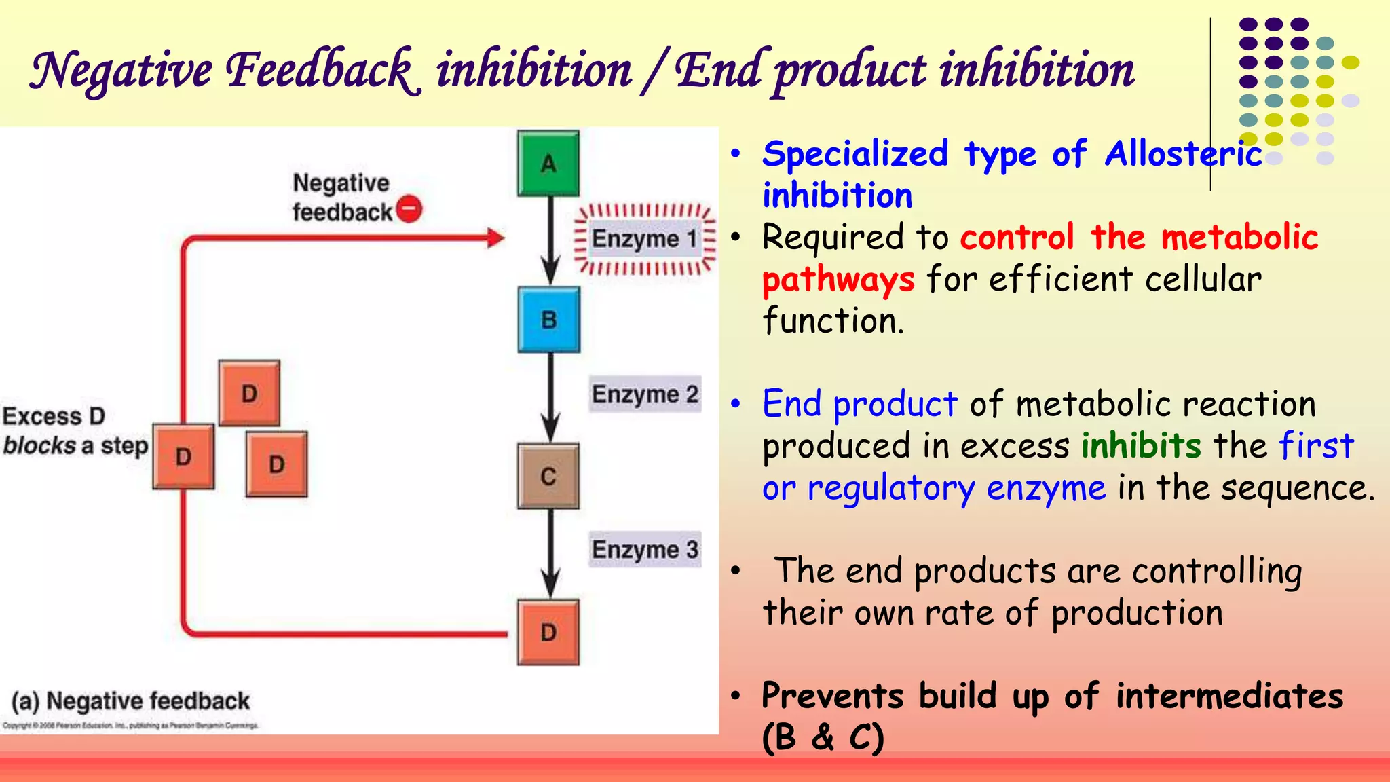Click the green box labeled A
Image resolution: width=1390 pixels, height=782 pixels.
pos(548,164)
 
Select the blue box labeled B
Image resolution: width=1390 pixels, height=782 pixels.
pos(548,320)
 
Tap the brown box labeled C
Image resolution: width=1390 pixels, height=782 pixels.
pos(548,476)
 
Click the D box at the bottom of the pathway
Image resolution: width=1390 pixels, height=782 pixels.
pos(548,632)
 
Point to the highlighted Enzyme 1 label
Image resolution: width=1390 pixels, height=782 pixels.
pos(643,239)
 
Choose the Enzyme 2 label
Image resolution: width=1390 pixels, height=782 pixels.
pos(645,394)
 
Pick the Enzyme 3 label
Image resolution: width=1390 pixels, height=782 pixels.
pos(645,549)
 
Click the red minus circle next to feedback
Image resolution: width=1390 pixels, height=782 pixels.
pos(409,209)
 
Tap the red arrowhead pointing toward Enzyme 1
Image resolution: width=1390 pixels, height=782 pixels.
pos(495,238)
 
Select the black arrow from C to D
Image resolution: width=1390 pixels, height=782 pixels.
pos(550,553)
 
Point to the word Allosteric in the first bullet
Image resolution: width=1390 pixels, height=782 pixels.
pos(1183,154)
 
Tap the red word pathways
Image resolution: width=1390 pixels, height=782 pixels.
pos(838,280)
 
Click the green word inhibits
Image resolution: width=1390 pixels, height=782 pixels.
pos(1141,446)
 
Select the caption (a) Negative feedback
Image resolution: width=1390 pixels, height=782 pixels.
pos(131,701)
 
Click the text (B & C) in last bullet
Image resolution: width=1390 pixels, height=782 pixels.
pos(823,737)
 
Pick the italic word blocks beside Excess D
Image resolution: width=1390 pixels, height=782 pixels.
pos(39,446)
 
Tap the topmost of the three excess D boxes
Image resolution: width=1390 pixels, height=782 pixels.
pos(249,393)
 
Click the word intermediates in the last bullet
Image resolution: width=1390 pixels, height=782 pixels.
pos(1229,696)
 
